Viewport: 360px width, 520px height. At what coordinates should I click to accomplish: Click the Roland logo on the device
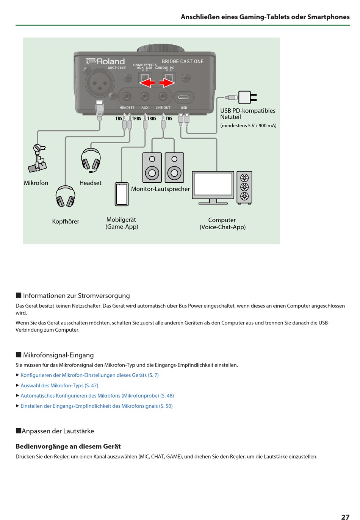coord(105,61)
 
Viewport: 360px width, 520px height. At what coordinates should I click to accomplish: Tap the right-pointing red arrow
coord(167,83)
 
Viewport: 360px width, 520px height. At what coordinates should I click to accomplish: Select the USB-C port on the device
coord(184,97)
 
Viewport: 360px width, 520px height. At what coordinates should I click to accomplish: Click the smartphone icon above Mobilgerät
coord(122,194)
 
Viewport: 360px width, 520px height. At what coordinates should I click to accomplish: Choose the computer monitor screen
coord(213,184)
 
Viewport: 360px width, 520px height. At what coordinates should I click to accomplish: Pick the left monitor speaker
coord(152,168)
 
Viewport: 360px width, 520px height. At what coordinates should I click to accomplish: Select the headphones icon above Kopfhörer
coord(65,196)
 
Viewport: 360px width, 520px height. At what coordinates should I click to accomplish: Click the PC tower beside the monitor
coord(244,187)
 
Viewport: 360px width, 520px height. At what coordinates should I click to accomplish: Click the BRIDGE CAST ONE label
coord(182,61)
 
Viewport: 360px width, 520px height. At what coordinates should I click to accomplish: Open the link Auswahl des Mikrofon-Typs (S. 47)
coord(59,385)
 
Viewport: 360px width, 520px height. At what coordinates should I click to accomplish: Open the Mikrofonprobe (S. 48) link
coord(97,396)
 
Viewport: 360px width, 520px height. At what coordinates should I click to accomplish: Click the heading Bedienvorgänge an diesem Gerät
coord(68,446)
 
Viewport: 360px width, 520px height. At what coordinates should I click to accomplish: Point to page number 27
coord(345,517)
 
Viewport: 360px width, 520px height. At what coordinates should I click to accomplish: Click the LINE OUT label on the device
coord(163,108)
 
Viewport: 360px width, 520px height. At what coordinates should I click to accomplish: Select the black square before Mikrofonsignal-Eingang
coord(19,355)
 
